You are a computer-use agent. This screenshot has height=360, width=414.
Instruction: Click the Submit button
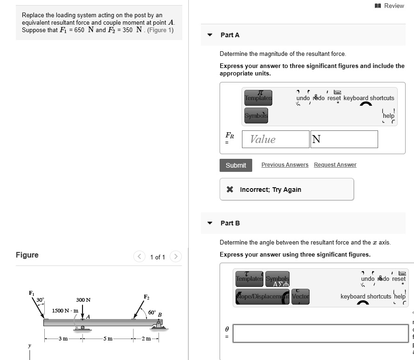click(236, 165)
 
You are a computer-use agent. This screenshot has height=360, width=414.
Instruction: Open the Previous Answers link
click(285, 165)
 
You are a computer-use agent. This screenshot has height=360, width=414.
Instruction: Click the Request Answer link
click(335, 165)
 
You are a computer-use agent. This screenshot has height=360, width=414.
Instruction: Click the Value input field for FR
click(275, 139)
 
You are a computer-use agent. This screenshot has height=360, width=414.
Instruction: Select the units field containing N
click(344, 139)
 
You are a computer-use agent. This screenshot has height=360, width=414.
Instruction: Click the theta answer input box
click(320, 333)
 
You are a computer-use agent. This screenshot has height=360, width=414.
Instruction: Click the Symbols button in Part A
click(256, 115)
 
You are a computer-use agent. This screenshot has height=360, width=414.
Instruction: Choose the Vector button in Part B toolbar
click(301, 296)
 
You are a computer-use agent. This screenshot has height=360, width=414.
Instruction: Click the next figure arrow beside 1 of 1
click(175, 257)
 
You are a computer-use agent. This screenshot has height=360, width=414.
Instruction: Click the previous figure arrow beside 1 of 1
click(139, 257)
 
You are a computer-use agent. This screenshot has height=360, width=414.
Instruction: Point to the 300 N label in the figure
click(83, 300)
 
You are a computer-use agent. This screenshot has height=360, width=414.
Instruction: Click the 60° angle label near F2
click(152, 312)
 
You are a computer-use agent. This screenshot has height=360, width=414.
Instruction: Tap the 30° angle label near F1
click(41, 299)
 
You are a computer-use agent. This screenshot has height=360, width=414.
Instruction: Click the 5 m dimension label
click(108, 339)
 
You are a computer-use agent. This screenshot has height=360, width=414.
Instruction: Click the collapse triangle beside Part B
click(210, 223)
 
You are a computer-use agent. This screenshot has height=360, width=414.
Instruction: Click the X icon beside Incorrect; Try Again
click(230, 190)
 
